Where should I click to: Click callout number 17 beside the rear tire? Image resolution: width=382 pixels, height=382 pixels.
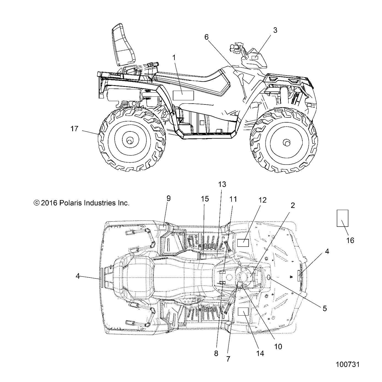pyautogui.click(x=74, y=129)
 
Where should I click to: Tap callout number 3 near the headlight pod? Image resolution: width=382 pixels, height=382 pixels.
pyautogui.click(x=275, y=30)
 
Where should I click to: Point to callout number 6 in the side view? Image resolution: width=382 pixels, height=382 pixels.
pyautogui.click(x=207, y=37)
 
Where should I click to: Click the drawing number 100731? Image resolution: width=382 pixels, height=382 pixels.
pyautogui.click(x=348, y=365)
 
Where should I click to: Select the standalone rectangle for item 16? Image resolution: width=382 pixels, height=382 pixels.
pyautogui.click(x=342, y=218)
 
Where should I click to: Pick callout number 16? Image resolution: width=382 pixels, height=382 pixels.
pyautogui.click(x=350, y=240)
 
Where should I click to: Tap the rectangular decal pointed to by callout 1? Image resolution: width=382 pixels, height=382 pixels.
pyautogui.click(x=183, y=95)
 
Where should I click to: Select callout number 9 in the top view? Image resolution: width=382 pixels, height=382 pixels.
pyautogui.click(x=169, y=198)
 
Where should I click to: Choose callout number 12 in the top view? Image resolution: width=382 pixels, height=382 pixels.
pyautogui.click(x=262, y=200)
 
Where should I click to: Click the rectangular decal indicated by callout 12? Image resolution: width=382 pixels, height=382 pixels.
pyautogui.click(x=243, y=243)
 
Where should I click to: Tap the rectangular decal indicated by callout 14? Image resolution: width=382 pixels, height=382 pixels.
pyautogui.click(x=243, y=311)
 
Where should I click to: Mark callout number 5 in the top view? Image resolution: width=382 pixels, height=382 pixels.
pyautogui.click(x=325, y=308)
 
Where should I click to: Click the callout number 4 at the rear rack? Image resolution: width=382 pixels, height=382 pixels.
pyautogui.click(x=78, y=276)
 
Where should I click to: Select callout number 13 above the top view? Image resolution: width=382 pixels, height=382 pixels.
pyautogui.click(x=222, y=184)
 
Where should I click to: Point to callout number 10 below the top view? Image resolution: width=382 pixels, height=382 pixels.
pyautogui.click(x=278, y=346)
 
